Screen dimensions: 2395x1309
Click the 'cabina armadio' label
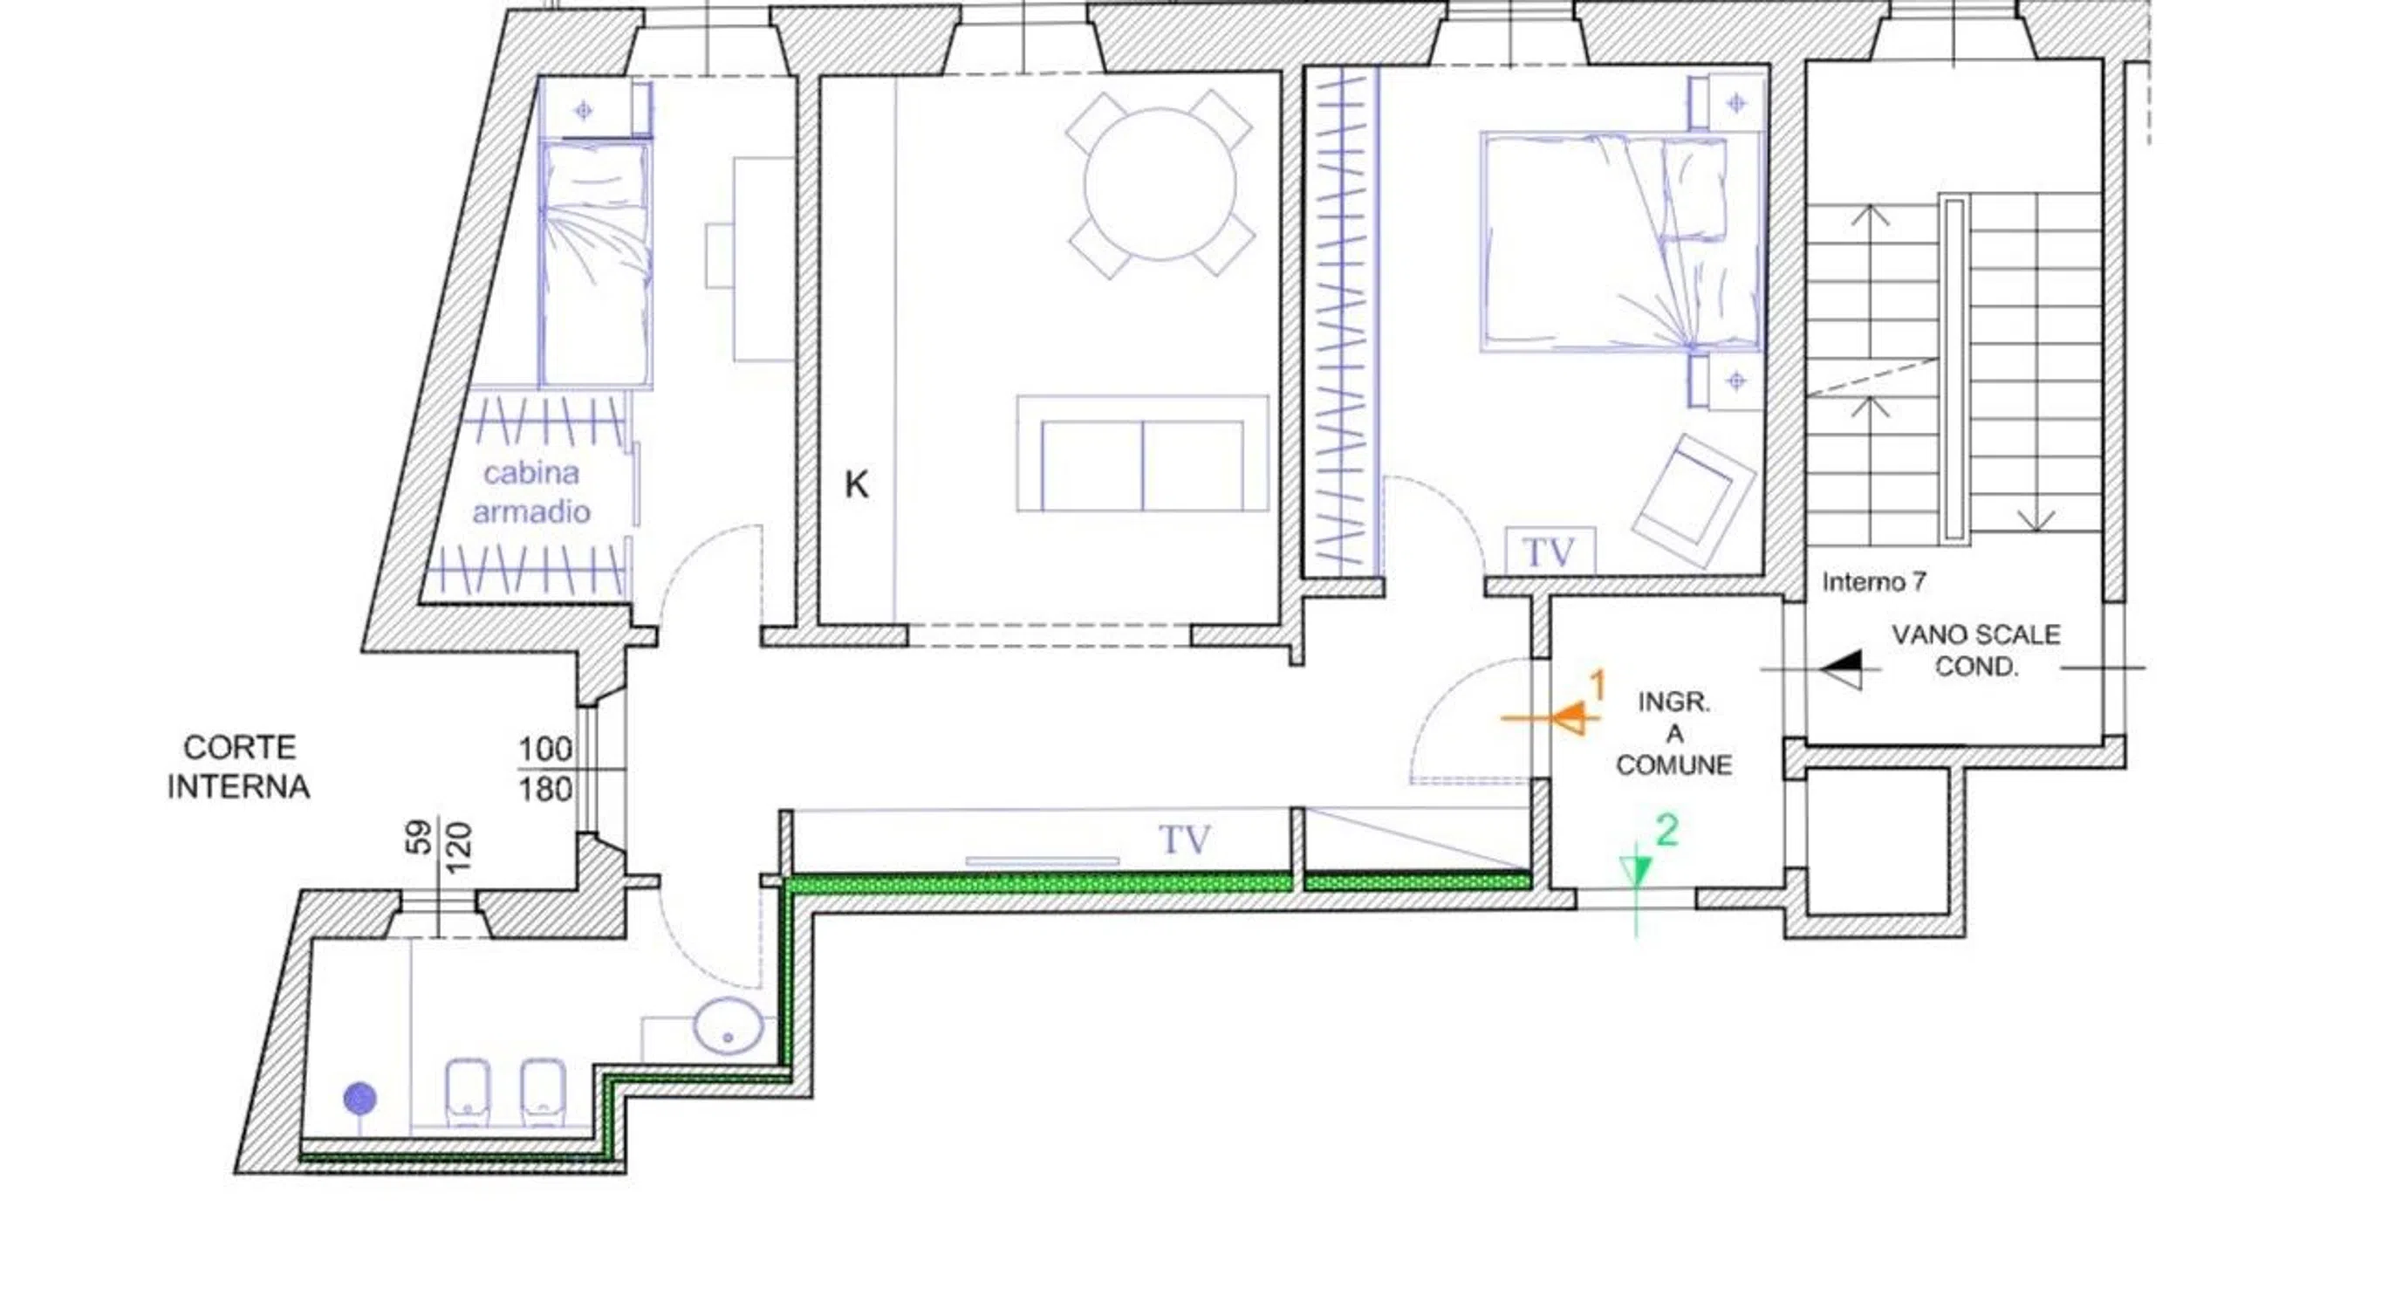pos(530,492)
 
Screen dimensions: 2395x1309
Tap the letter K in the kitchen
pos(856,484)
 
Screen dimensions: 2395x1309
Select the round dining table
pos(1160,184)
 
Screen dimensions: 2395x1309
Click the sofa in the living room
pos(1142,453)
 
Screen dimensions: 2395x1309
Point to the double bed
pos(1620,242)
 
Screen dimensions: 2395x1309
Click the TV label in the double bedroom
pos(1549,552)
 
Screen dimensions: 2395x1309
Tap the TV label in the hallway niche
pos(1185,840)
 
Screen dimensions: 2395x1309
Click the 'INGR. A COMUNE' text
pos(1673,734)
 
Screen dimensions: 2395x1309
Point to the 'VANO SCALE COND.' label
pos(1975,650)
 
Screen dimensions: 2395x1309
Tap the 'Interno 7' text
pos(1873,582)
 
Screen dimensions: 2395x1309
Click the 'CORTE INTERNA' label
pos(238,767)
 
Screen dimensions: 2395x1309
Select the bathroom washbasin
pos(728,1025)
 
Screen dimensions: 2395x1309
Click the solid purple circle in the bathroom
pos(359,1099)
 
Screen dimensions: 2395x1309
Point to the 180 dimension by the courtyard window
pos(544,789)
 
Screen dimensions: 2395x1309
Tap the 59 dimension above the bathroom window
pos(421,836)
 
